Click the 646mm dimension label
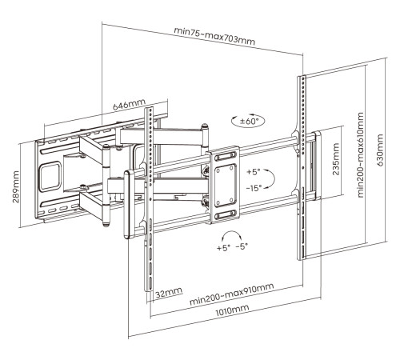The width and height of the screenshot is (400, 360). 130,104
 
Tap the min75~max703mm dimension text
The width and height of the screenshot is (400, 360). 214,36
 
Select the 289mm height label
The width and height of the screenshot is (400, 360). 16,186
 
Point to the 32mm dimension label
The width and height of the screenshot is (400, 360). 169,293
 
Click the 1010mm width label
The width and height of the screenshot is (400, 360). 232,310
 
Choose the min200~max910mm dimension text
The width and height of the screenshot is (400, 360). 231,294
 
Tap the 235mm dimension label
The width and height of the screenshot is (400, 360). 336,159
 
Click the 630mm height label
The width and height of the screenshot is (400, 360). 380,150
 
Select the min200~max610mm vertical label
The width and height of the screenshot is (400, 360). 360,154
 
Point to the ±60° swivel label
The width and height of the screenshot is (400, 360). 249,122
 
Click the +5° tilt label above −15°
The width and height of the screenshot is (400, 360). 253,172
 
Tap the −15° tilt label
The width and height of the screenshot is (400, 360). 254,188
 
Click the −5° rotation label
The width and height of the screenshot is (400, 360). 242,246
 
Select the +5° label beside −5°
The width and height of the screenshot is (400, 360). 223,248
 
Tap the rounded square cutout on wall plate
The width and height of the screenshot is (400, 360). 50,177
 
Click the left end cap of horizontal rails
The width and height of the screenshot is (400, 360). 129,205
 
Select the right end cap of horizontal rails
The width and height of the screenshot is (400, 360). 318,166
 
